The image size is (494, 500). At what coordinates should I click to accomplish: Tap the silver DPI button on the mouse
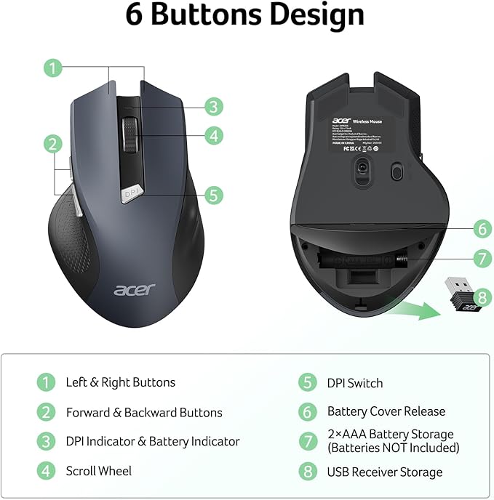[132, 193]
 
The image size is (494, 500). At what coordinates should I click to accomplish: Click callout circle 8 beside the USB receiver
[482, 298]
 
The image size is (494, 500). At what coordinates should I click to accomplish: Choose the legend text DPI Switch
[354, 383]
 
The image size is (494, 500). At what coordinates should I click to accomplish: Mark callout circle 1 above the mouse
[52, 68]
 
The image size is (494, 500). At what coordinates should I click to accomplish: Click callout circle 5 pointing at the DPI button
[213, 195]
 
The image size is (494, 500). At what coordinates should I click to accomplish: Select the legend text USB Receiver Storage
[384, 472]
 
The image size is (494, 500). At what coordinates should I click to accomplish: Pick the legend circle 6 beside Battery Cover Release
[308, 411]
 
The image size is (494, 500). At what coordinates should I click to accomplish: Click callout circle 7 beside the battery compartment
[482, 258]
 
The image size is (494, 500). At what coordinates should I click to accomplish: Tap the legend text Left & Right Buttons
[120, 382]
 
